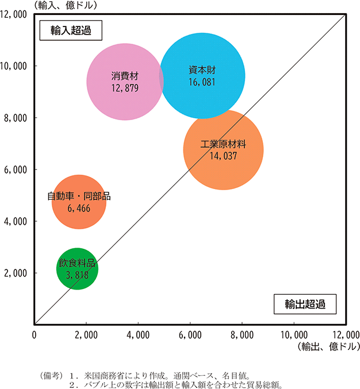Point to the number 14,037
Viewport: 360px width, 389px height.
click(x=223, y=155)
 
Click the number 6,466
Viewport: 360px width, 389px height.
click(x=79, y=208)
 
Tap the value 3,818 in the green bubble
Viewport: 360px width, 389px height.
click(x=77, y=275)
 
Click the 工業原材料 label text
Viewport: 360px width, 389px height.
click(x=223, y=144)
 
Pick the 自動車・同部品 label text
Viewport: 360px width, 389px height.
click(x=79, y=197)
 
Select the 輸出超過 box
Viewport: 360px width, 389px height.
click(x=304, y=304)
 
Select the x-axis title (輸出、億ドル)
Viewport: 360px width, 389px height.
click(x=325, y=346)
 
